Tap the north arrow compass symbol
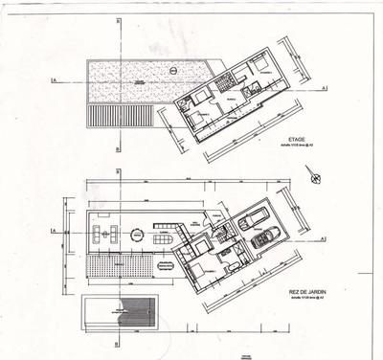312,176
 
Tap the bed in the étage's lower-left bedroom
199,118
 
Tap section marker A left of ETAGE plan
56,81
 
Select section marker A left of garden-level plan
55,232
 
